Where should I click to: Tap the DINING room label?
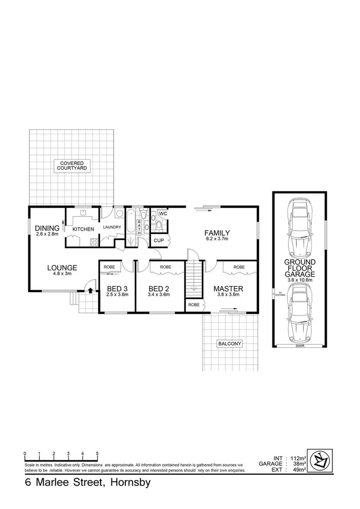[x=47, y=229]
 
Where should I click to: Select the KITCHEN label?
[x=83, y=229]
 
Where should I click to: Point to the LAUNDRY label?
[x=112, y=227]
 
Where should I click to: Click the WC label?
[x=163, y=214]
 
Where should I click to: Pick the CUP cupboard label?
[x=159, y=240]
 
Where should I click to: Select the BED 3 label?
[x=117, y=288]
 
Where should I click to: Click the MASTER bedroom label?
[x=228, y=288]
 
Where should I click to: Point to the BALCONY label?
[x=229, y=343]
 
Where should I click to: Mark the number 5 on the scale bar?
[x=97, y=454]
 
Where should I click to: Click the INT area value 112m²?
[x=297, y=458]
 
